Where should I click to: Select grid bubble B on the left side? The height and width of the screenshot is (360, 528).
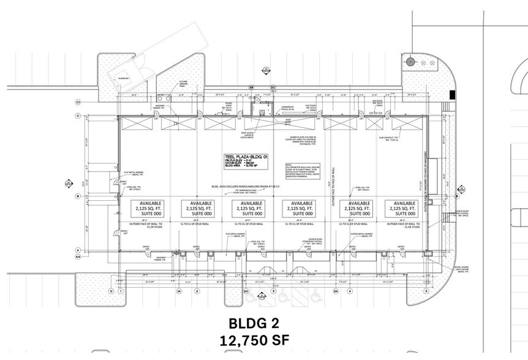click(78, 196)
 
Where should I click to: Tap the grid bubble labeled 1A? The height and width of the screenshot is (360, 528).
click(179, 291)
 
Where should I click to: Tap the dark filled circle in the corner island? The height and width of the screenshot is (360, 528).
click(412, 61)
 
